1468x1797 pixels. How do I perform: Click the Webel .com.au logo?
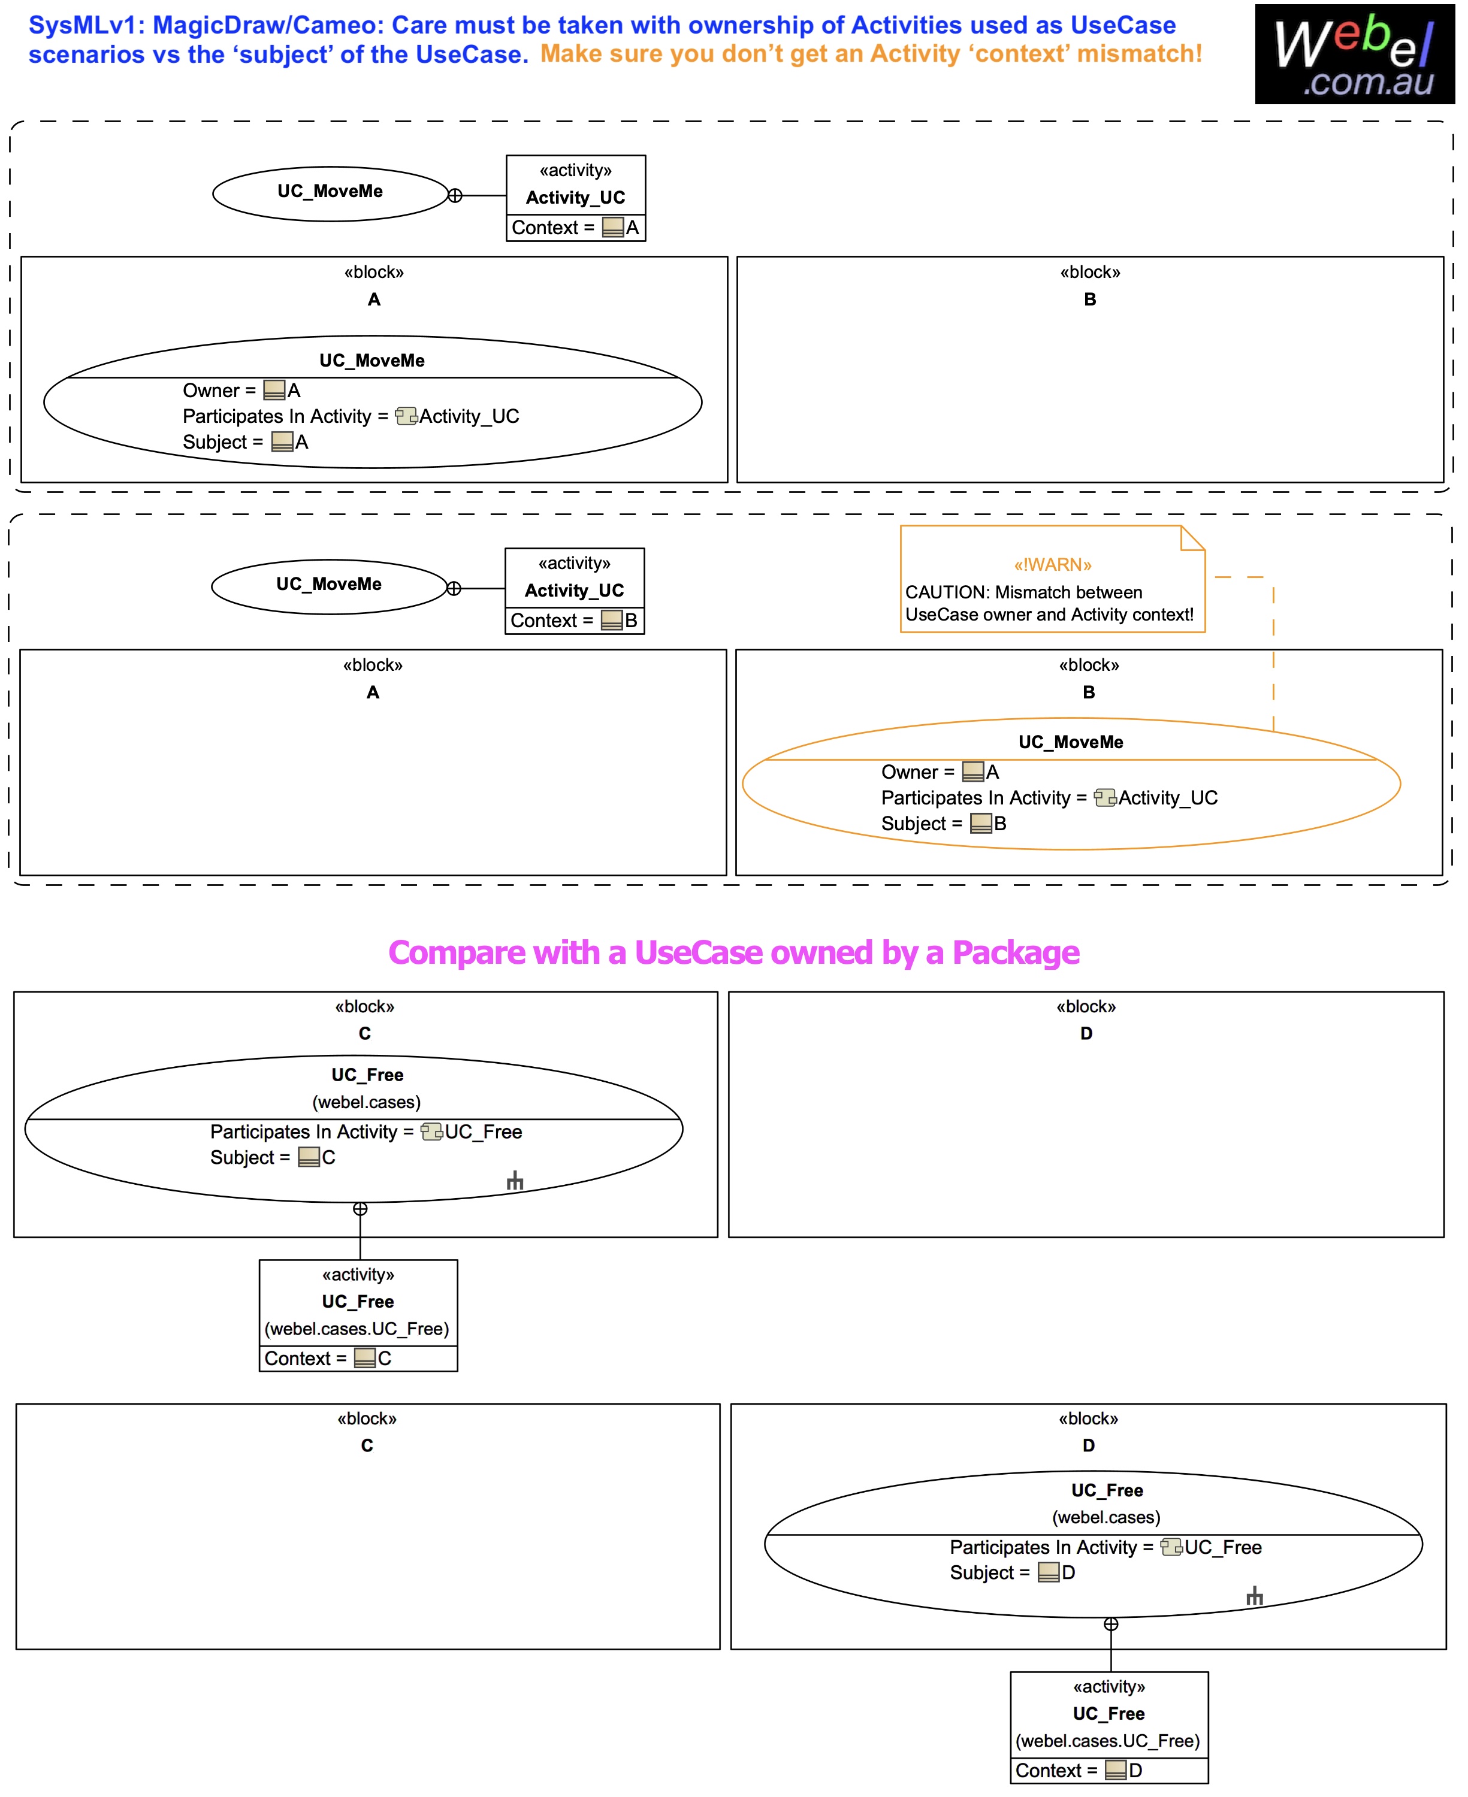pyautogui.click(x=1354, y=54)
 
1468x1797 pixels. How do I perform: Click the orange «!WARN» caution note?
pyautogui.click(x=1052, y=579)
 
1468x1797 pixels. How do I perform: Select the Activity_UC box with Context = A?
pyautogui.click(x=575, y=198)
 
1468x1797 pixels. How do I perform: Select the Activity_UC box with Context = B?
pyautogui.click(x=574, y=590)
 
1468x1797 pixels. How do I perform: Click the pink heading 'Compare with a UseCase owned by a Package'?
pyautogui.click(x=733, y=952)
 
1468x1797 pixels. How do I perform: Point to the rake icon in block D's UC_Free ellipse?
pyautogui.click(x=1254, y=1596)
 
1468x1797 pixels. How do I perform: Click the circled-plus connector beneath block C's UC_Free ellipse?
pyautogui.click(x=360, y=1209)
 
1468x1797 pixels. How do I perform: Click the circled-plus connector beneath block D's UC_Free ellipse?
pyautogui.click(x=1111, y=1624)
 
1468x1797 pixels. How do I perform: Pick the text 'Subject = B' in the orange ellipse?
pyautogui.click(x=943, y=823)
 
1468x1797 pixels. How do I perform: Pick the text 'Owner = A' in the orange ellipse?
pyautogui.click(x=940, y=772)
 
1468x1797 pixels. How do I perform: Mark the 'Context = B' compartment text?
pyautogui.click(x=573, y=621)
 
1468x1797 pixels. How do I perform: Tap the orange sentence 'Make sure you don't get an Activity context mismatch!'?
pyautogui.click(x=871, y=54)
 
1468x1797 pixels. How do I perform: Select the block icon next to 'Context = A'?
pyautogui.click(x=612, y=228)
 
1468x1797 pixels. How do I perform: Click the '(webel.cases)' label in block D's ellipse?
pyautogui.click(x=1105, y=1517)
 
